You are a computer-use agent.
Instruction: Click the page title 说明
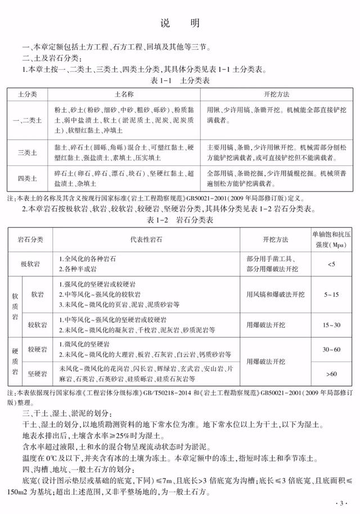179,24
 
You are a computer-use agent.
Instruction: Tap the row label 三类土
28,152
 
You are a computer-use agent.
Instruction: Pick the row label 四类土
28,179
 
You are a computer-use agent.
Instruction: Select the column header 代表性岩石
147,240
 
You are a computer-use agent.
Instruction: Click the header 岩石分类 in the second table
30,240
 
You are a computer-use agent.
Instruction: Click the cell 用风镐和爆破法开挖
275,294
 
